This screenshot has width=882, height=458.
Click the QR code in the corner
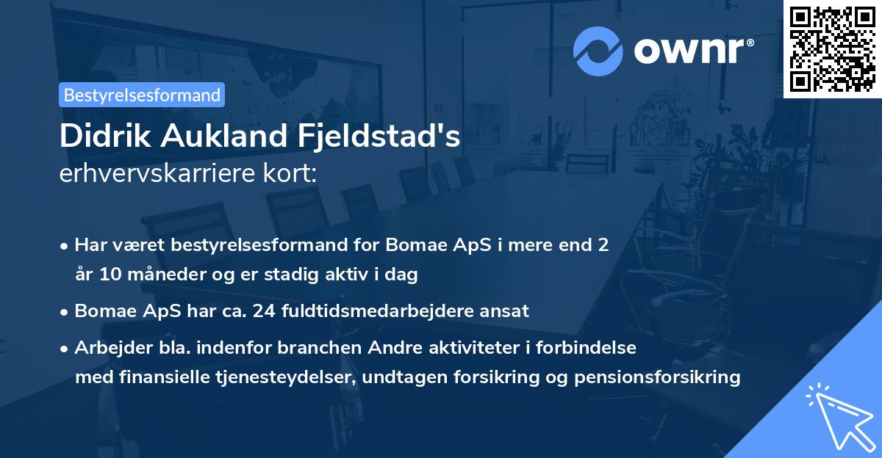833,48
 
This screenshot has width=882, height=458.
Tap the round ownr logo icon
598,51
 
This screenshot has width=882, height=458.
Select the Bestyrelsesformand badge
142,95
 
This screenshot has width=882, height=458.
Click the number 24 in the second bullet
262,311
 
